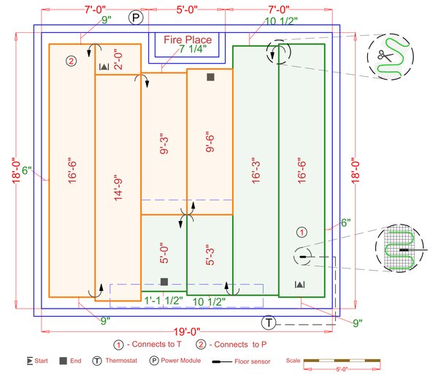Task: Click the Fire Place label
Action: click(x=188, y=40)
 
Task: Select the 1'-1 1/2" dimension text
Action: click(x=162, y=301)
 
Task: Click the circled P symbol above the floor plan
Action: click(x=135, y=18)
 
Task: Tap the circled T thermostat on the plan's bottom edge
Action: click(x=269, y=323)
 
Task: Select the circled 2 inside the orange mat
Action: click(x=71, y=61)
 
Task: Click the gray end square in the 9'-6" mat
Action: click(x=210, y=77)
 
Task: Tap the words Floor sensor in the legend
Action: click(x=257, y=361)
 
